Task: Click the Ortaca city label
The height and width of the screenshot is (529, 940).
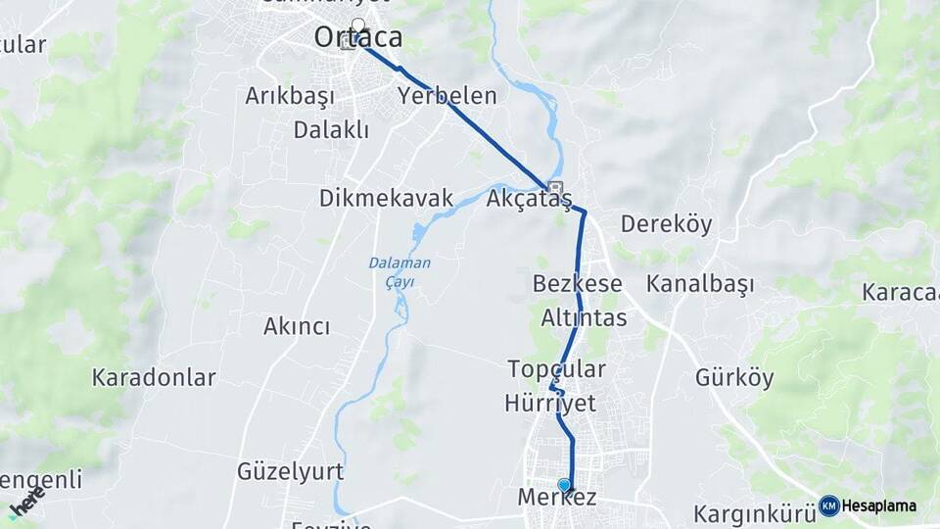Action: pyautogui.click(x=358, y=38)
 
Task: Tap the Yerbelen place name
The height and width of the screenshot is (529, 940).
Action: pyautogui.click(x=447, y=96)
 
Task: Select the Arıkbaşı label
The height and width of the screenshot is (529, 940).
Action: pyautogui.click(x=290, y=96)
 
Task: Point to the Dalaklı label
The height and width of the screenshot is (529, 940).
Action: pyautogui.click(x=331, y=129)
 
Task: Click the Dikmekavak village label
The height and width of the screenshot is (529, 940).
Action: pyautogui.click(x=386, y=199)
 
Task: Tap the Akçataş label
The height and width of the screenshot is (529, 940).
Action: pyautogui.click(x=529, y=199)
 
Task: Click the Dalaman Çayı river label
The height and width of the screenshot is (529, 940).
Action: pyautogui.click(x=399, y=271)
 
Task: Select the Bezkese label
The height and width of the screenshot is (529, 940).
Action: pyautogui.click(x=578, y=284)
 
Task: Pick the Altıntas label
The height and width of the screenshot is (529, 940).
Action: pyautogui.click(x=585, y=318)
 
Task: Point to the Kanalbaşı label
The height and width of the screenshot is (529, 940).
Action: pyautogui.click(x=700, y=285)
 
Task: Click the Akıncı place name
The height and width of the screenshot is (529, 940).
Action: pyautogui.click(x=297, y=327)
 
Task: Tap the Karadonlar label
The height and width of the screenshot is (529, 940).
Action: pyautogui.click(x=154, y=378)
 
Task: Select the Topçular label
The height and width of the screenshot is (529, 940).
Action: pyautogui.click(x=557, y=369)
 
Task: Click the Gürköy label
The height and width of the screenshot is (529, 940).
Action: pyautogui.click(x=734, y=378)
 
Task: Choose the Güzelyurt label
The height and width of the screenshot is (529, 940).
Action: pyautogui.click(x=290, y=472)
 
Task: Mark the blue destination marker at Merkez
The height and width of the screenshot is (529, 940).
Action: pyautogui.click(x=564, y=485)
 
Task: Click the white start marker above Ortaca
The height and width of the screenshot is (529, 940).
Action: pyautogui.click(x=358, y=24)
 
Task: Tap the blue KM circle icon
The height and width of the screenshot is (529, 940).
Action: pyautogui.click(x=829, y=505)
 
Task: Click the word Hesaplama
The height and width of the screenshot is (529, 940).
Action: pyautogui.click(x=879, y=506)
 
